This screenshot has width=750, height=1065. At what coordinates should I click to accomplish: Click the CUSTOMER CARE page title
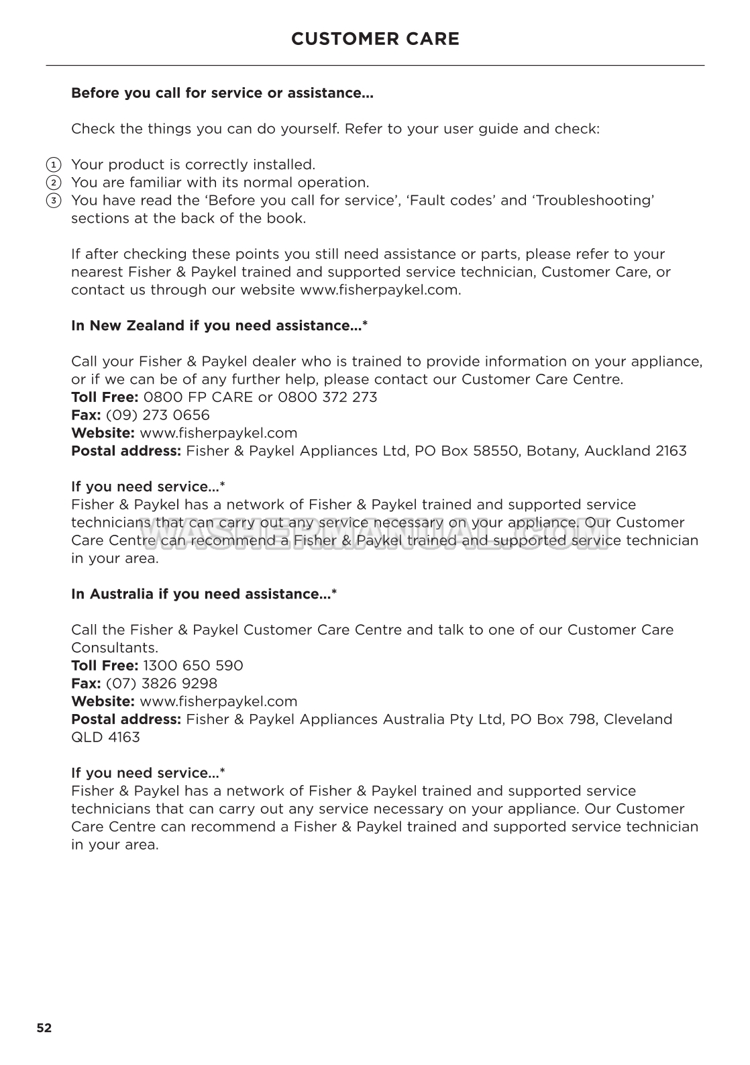tap(375, 39)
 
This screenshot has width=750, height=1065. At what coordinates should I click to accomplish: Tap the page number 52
tap(44, 1027)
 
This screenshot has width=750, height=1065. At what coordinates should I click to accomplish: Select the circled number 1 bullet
tap(53, 164)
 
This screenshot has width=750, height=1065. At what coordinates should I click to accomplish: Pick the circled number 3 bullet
tap(53, 201)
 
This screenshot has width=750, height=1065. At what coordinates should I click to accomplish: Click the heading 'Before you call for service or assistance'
tap(222, 93)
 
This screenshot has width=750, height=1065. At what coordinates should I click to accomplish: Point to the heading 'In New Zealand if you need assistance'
tap(219, 326)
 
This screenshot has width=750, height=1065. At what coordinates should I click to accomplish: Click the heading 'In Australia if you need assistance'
tap(204, 595)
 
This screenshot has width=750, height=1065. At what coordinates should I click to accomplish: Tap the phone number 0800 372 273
tap(327, 397)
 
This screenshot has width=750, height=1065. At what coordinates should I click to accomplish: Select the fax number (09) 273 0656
tap(158, 415)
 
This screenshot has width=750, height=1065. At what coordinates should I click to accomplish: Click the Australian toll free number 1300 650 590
tap(193, 666)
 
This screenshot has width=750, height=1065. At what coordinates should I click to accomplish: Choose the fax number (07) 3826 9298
tap(162, 684)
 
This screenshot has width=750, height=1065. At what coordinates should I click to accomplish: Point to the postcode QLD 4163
tap(105, 738)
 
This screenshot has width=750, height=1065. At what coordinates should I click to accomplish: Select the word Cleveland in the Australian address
tap(637, 719)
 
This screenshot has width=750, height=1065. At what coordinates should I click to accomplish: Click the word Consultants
tap(115, 648)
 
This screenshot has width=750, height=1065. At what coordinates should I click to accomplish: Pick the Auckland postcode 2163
tap(671, 451)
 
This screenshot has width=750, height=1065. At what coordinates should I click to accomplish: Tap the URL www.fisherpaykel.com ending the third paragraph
tap(379, 290)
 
